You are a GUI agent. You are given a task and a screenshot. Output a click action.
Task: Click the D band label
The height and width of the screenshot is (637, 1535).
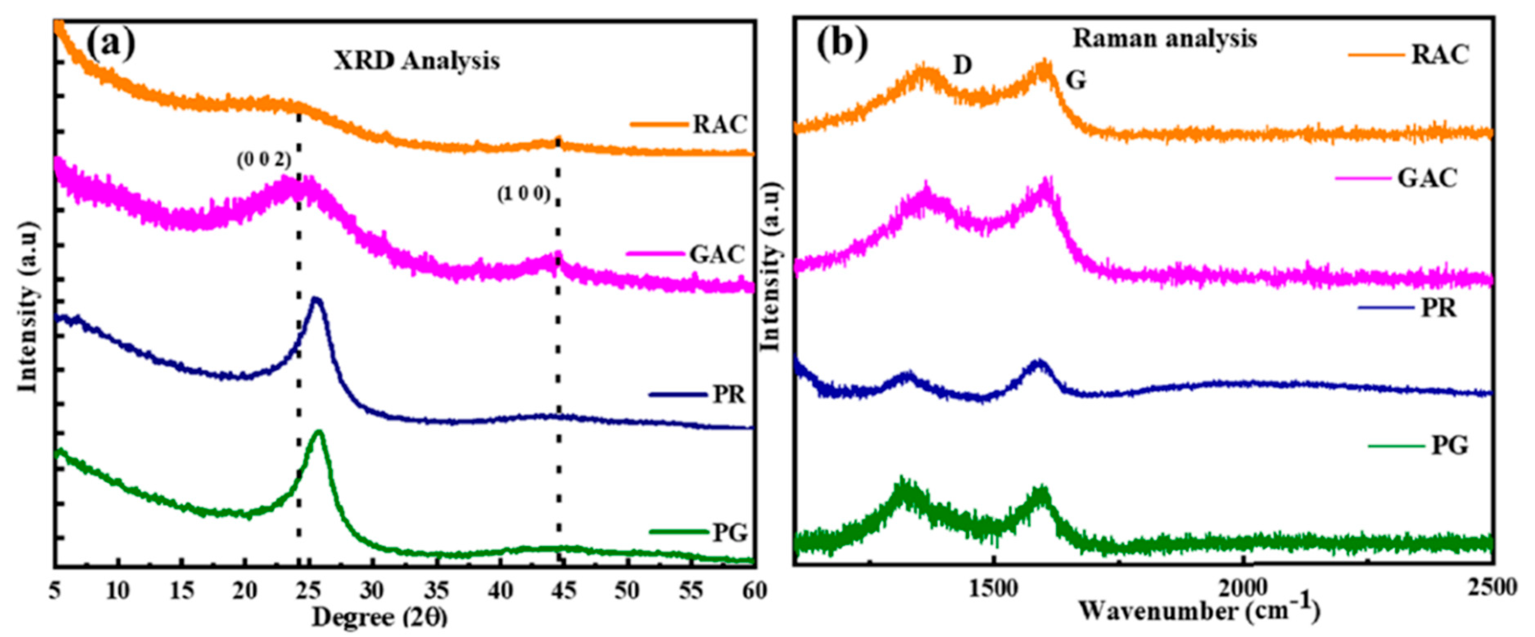pyautogui.click(x=962, y=65)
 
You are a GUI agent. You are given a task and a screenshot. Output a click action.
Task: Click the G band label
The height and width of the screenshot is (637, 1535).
pyautogui.click(x=1076, y=80)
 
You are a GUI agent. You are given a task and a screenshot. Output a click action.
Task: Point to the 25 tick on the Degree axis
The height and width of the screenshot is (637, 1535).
pyautogui.click(x=310, y=590)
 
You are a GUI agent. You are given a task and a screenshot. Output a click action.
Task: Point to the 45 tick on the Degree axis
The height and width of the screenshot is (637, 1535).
pyautogui.click(x=564, y=590)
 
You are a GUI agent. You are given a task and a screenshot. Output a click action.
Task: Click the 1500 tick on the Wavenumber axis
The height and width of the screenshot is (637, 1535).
pyautogui.click(x=993, y=588)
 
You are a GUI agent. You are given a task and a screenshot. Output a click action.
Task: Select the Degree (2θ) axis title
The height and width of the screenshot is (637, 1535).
pyautogui.click(x=379, y=617)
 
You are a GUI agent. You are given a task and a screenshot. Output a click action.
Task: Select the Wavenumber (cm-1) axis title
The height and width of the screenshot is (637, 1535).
pyautogui.click(x=1199, y=611)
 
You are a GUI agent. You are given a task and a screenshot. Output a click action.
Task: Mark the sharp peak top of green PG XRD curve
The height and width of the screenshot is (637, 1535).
pyautogui.click(x=319, y=432)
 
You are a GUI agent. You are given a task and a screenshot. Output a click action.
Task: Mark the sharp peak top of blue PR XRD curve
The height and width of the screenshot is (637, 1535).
pyautogui.click(x=316, y=299)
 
